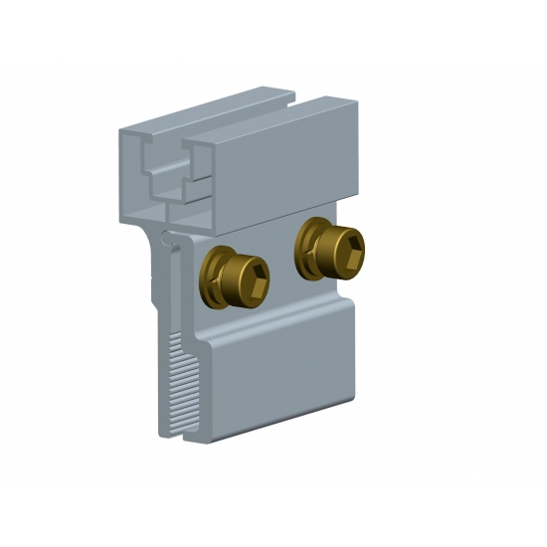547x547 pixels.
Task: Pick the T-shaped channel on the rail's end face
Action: pos(165,169)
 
